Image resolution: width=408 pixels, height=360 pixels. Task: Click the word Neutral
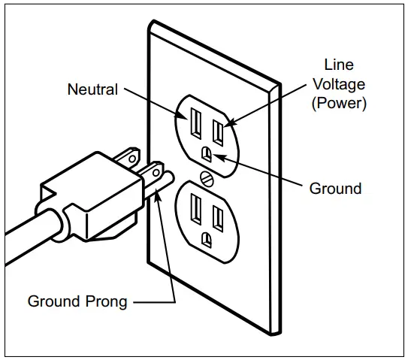(x=92, y=89)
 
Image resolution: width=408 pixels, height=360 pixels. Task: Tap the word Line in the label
(x=338, y=65)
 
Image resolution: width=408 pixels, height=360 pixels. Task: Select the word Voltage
(x=338, y=85)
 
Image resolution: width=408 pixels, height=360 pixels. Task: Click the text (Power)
(x=339, y=104)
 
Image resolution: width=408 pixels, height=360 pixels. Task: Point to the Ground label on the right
(x=335, y=188)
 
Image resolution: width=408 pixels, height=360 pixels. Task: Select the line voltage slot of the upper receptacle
(x=218, y=132)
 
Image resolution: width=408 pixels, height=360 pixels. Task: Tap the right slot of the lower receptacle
(x=219, y=217)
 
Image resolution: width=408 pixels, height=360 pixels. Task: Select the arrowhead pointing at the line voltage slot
(x=225, y=122)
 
